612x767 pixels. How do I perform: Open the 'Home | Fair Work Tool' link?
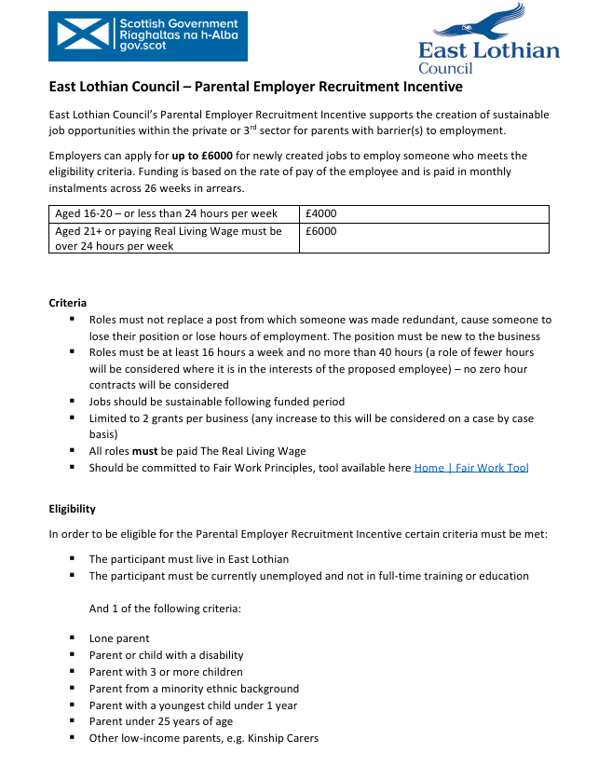[470, 468]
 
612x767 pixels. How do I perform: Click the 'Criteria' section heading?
[68, 303]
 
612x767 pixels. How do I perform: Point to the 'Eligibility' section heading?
[72, 509]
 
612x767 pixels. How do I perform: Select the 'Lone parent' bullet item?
[119, 638]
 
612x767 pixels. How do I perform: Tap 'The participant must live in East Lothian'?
[189, 559]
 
